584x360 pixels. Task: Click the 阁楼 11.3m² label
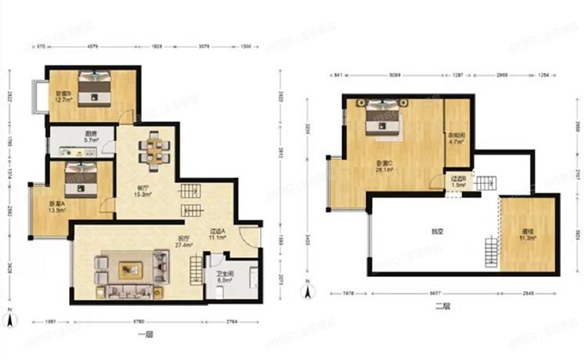(528, 236)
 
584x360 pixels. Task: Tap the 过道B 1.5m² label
(458, 182)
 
